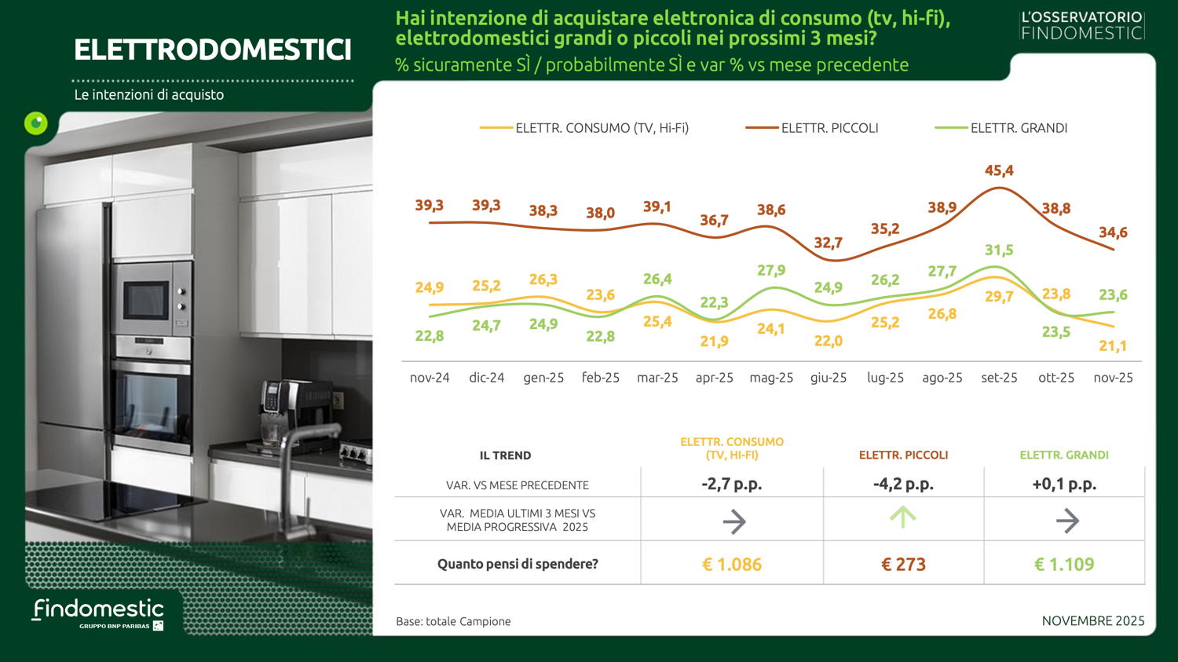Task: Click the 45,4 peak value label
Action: (x=999, y=170)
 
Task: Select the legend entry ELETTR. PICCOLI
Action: (x=829, y=128)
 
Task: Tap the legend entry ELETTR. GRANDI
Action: (x=1019, y=128)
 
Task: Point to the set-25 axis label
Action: (x=999, y=378)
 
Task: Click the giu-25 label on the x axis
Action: (x=829, y=378)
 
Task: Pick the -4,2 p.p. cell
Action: (x=903, y=485)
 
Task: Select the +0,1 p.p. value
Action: (x=1064, y=485)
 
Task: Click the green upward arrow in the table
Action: (x=903, y=518)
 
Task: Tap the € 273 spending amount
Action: (x=903, y=565)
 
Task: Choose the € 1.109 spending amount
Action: (x=1064, y=565)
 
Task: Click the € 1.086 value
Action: (x=731, y=565)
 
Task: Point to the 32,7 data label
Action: (x=828, y=243)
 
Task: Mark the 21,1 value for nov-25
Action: (x=1112, y=346)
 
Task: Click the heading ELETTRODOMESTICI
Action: (x=212, y=50)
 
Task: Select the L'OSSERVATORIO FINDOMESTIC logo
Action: (x=1081, y=25)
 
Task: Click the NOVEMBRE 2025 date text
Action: (x=1092, y=621)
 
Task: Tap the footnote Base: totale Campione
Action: (x=453, y=622)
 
